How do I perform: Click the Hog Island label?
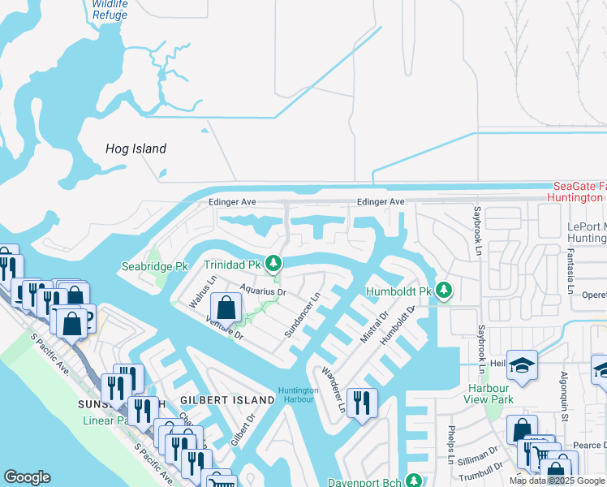[x=136, y=149]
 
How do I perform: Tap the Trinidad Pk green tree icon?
[x=274, y=263]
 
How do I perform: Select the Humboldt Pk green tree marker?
[x=443, y=290]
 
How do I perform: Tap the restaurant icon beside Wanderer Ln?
[x=361, y=402]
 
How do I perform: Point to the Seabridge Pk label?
[x=154, y=265]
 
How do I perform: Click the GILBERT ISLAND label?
[x=227, y=400]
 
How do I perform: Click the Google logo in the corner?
[x=27, y=477]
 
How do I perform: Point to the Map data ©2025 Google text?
[x=557, y=481]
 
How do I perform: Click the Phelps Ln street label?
[x=450, y=442]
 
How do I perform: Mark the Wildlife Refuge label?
[x=110, y=9]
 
